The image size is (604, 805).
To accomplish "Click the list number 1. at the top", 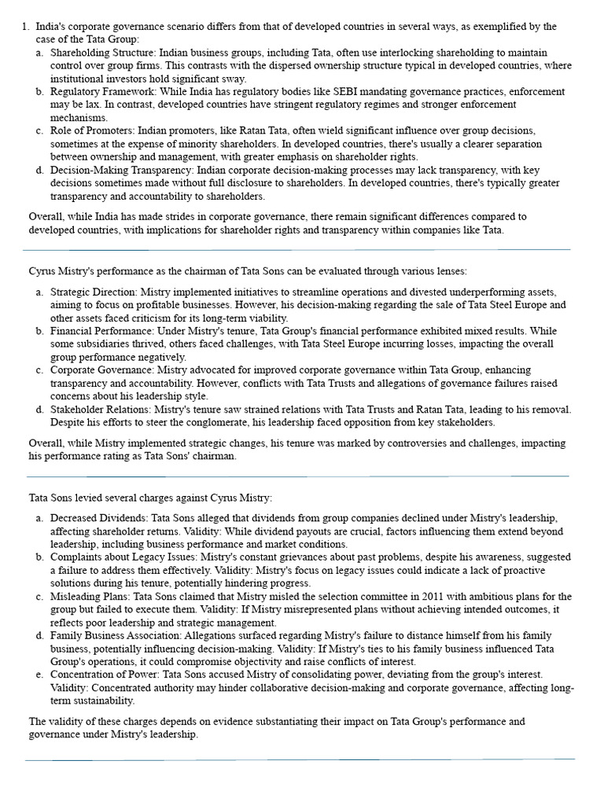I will [24, 27].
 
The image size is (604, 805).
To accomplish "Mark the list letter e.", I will [40, 675].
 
